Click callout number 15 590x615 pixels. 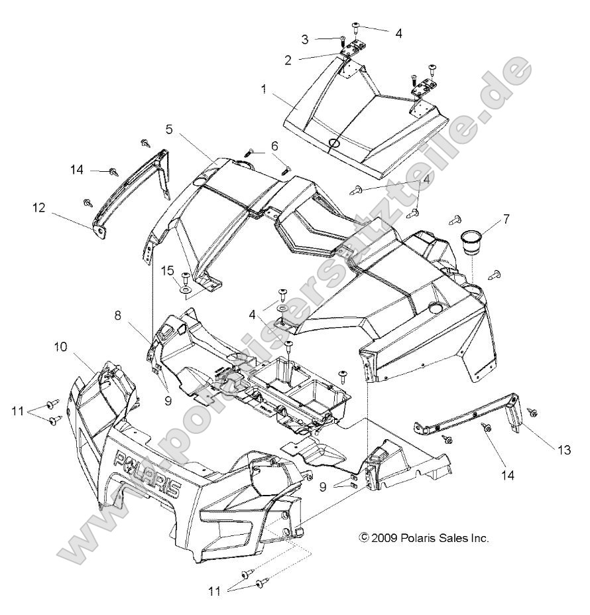pos(149,270)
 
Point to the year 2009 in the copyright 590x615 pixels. pos(386,539)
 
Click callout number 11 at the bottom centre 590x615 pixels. pos(213,589)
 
